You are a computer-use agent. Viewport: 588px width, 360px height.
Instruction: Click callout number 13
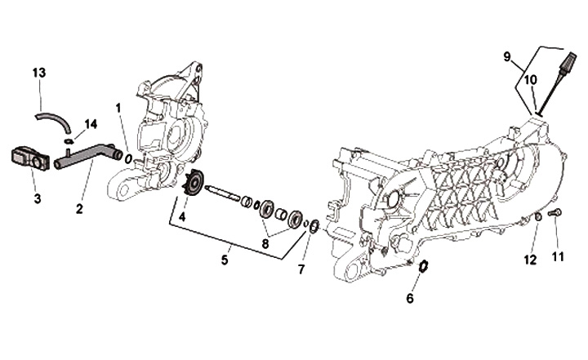coord(39,73)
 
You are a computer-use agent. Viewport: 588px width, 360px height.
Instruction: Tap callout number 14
coord(90,124)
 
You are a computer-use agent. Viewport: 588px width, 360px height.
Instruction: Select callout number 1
coord(119,108)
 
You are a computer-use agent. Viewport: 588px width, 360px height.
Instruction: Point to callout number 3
coord(38,198)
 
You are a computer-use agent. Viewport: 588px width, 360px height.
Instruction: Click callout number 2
coord(80,208)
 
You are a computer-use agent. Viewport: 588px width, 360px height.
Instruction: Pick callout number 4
coord(182,217)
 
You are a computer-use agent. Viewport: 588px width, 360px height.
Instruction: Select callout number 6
coord(410,298)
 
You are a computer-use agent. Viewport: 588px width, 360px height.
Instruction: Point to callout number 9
coord(507,56)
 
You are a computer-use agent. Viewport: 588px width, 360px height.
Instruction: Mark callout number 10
coord(530,80)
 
